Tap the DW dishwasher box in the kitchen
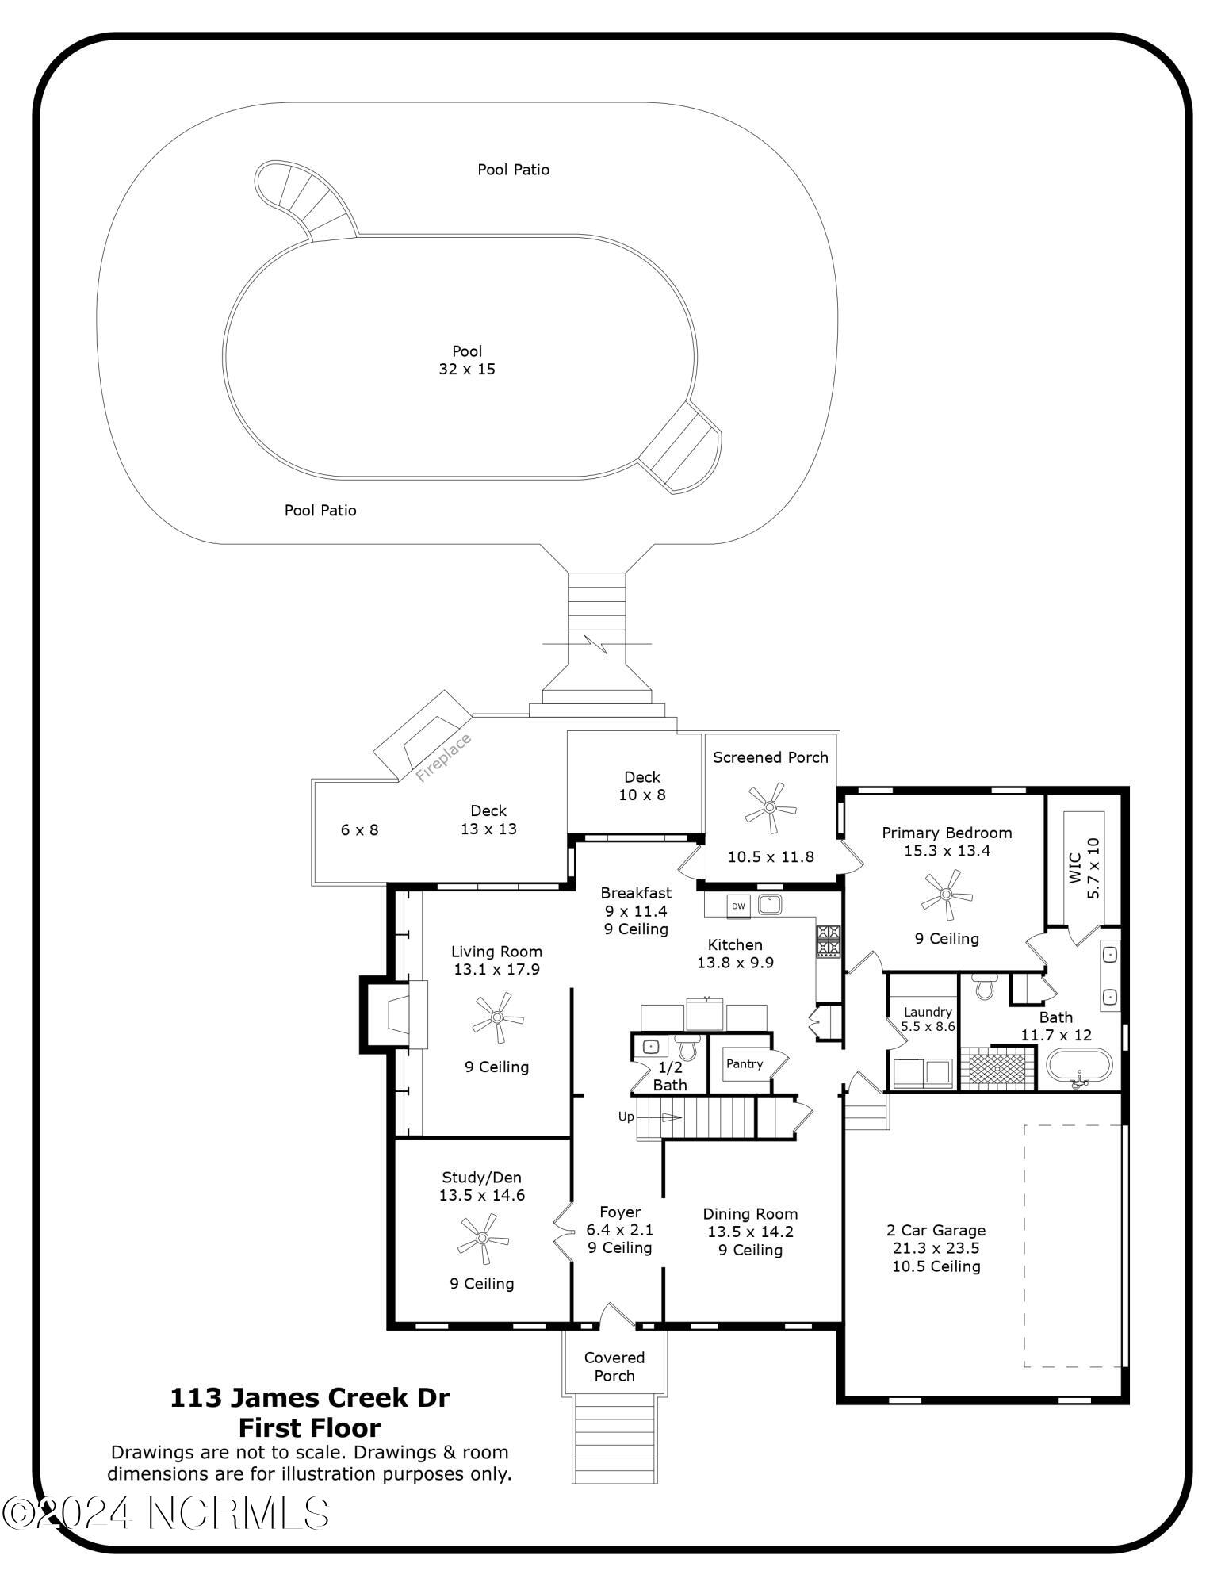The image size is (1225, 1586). pos(738,906)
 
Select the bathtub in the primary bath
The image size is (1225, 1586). pos(1078,1065)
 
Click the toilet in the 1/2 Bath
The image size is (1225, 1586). pos(687,1047)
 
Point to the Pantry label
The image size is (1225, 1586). pos(745,1063)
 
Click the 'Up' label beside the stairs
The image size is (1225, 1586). pos(626,1117)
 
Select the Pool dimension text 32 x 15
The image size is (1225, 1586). pos(467,369)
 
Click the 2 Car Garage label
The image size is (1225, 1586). pos(936,1230)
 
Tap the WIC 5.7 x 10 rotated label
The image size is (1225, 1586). pos(1084,868)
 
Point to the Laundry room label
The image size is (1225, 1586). pos(928,1012)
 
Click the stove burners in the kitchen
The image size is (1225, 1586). pos(829,941)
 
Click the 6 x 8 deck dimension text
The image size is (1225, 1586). pos(359,829)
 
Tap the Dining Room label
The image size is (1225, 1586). pos(750,1213)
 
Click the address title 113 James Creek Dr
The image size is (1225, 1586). pos(310,1397)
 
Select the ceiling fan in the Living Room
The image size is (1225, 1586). pos(497,1017)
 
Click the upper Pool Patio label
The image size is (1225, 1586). pos(513,169)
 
